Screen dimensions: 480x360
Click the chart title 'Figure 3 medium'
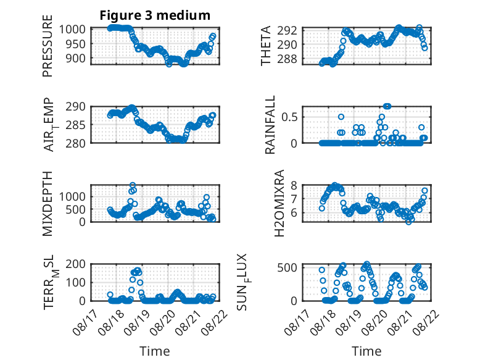tap(155, 15)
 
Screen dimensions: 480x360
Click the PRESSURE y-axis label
tap(48, 46)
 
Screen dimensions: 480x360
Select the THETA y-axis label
tap(266, 46)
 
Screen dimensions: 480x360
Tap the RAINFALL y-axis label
tap(270, 125)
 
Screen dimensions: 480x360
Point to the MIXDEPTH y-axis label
tap(48, 204)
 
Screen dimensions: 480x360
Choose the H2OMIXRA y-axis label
tap(279, 203)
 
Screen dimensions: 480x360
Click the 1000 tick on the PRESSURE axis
tap(72, 30)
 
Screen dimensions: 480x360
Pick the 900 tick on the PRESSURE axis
tap(75, 58)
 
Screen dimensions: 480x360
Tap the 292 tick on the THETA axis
tap(287, 31)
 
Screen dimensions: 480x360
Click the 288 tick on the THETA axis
tap(287, 59)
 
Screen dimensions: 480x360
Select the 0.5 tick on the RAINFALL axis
tap(289, 117)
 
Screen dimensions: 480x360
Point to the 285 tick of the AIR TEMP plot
tap(75, 125)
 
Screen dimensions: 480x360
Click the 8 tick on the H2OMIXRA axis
tap(294, 186)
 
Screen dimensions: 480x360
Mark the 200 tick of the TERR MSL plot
tap(75, 264)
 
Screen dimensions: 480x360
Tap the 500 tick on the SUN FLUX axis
tap(287, 268)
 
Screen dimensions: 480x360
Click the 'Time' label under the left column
tap(155, 351)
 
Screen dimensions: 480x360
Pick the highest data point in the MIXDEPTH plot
tap(133, 185)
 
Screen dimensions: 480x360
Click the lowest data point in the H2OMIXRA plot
tap(408, 222)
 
